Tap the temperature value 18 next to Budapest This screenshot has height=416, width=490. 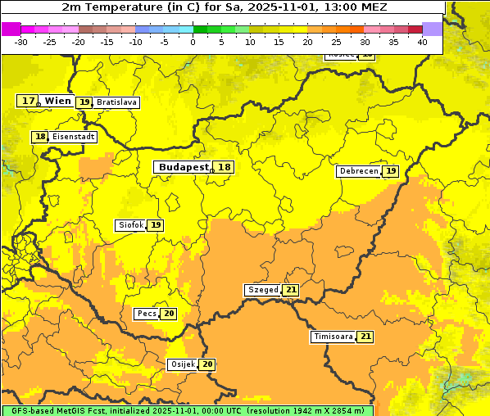225,167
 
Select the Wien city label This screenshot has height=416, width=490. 57,101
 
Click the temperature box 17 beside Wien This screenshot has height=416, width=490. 28,101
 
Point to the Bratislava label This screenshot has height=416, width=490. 116,102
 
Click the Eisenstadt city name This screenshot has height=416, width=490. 74,137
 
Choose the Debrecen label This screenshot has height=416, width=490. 358,171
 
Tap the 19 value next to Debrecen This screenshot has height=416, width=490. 392,171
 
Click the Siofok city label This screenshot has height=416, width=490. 130,225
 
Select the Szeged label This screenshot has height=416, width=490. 263,290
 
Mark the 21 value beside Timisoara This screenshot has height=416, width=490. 365,337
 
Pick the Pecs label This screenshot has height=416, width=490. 147,314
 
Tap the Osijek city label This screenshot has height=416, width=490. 182,364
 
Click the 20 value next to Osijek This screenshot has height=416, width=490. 208,364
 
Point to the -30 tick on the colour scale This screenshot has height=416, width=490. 21,42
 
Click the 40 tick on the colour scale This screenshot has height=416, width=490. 422,42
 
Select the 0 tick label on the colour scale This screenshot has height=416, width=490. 193,42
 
